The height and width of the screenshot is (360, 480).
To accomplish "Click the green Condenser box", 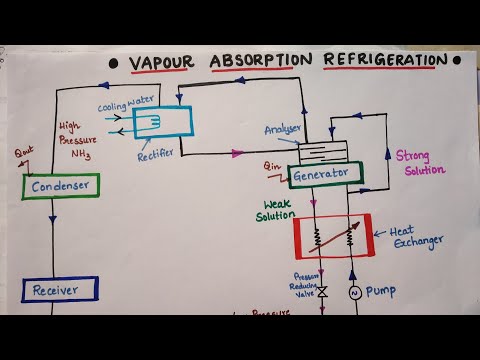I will (x=59, y=186).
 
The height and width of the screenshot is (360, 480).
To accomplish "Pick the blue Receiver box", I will (x=59, y=290).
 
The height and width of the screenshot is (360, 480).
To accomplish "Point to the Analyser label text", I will (x=283, y=129).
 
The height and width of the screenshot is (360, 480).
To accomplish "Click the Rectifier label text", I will (x=158, y=154).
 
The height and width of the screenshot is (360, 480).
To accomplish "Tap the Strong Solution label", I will (x=418, y=163).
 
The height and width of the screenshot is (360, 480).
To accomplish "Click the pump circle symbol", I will (x=352, y=293).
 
